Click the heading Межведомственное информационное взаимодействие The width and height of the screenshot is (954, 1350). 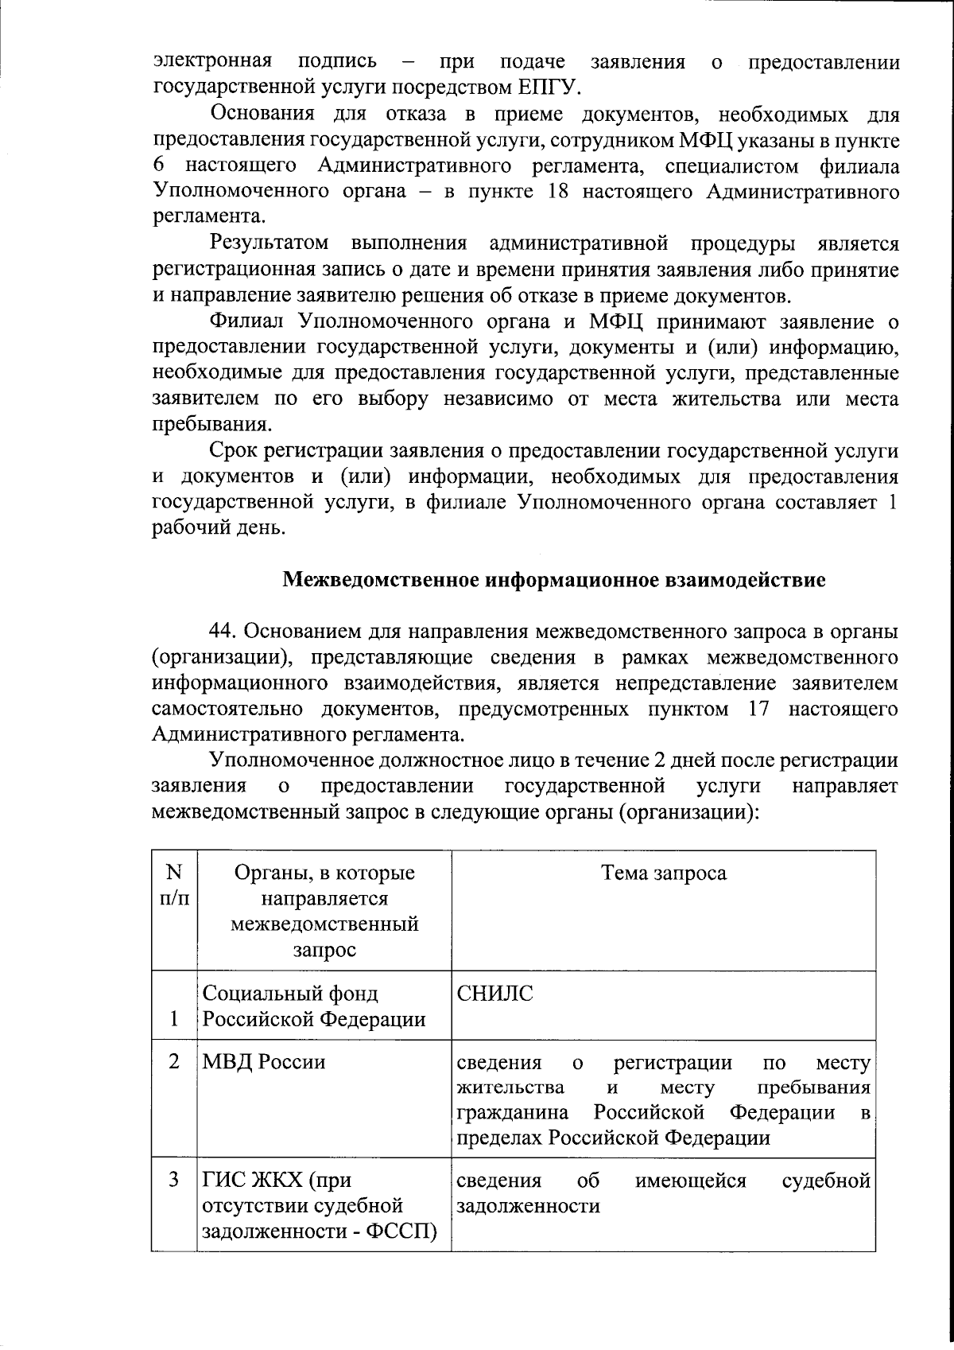click(554, 580)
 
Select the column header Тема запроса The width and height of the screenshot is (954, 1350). click(664, 873)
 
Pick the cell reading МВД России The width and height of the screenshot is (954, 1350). click(264, 1062)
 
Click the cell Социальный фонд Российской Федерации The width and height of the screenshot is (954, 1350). click(313, 1006)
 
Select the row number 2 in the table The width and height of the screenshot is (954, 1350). click(174, 1062)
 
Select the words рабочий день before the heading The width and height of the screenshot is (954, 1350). click(217, 527)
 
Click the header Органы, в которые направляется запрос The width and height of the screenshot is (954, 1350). click(324, 911)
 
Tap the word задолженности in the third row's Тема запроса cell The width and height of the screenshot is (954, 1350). click(528, 1205)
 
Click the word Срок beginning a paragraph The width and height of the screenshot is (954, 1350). click(234, 451)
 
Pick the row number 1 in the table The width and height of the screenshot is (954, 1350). click(174, 1020)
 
